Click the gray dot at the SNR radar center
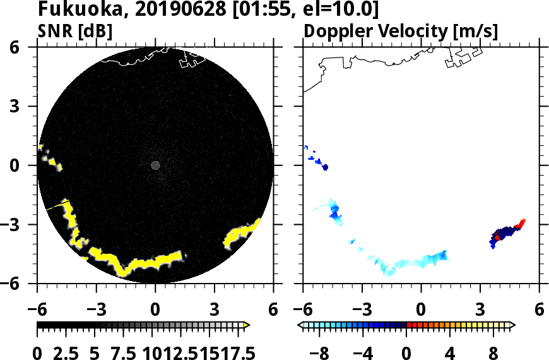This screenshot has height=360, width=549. pos(156,165)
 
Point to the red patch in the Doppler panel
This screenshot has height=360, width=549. pos(521,224)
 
